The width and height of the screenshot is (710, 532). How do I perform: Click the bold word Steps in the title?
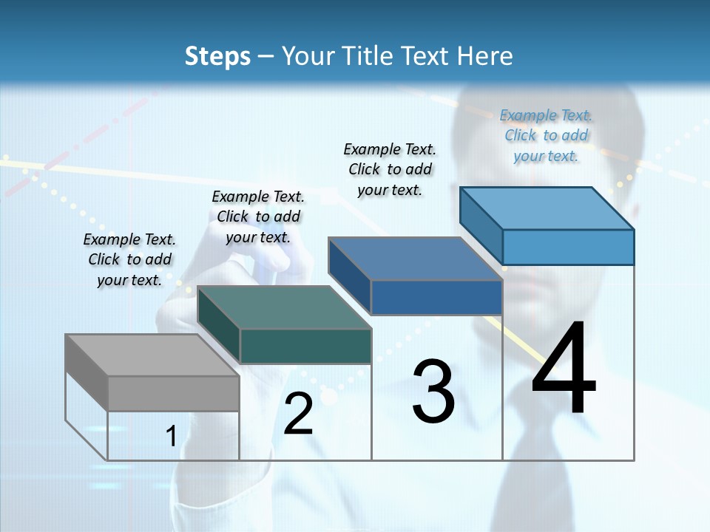point(217,56)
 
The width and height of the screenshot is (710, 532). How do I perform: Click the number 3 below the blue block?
point(433,391)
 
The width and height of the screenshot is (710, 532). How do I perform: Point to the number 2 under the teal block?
point(299,414)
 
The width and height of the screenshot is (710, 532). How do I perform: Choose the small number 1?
point(171,436)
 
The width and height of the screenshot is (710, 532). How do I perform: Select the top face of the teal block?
point(285,307)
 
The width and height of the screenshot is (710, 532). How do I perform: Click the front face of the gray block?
point(174,393)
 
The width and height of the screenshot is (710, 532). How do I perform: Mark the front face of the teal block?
point(305,346)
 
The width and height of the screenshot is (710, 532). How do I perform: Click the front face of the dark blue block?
point(436,297)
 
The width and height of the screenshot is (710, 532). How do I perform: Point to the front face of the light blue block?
point(568,247)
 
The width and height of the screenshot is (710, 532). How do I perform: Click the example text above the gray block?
point(129,259)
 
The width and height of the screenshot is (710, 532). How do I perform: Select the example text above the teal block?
point(258,216)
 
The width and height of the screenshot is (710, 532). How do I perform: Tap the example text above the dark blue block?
point(390,169)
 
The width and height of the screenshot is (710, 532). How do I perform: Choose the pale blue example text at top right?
point(546,135)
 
